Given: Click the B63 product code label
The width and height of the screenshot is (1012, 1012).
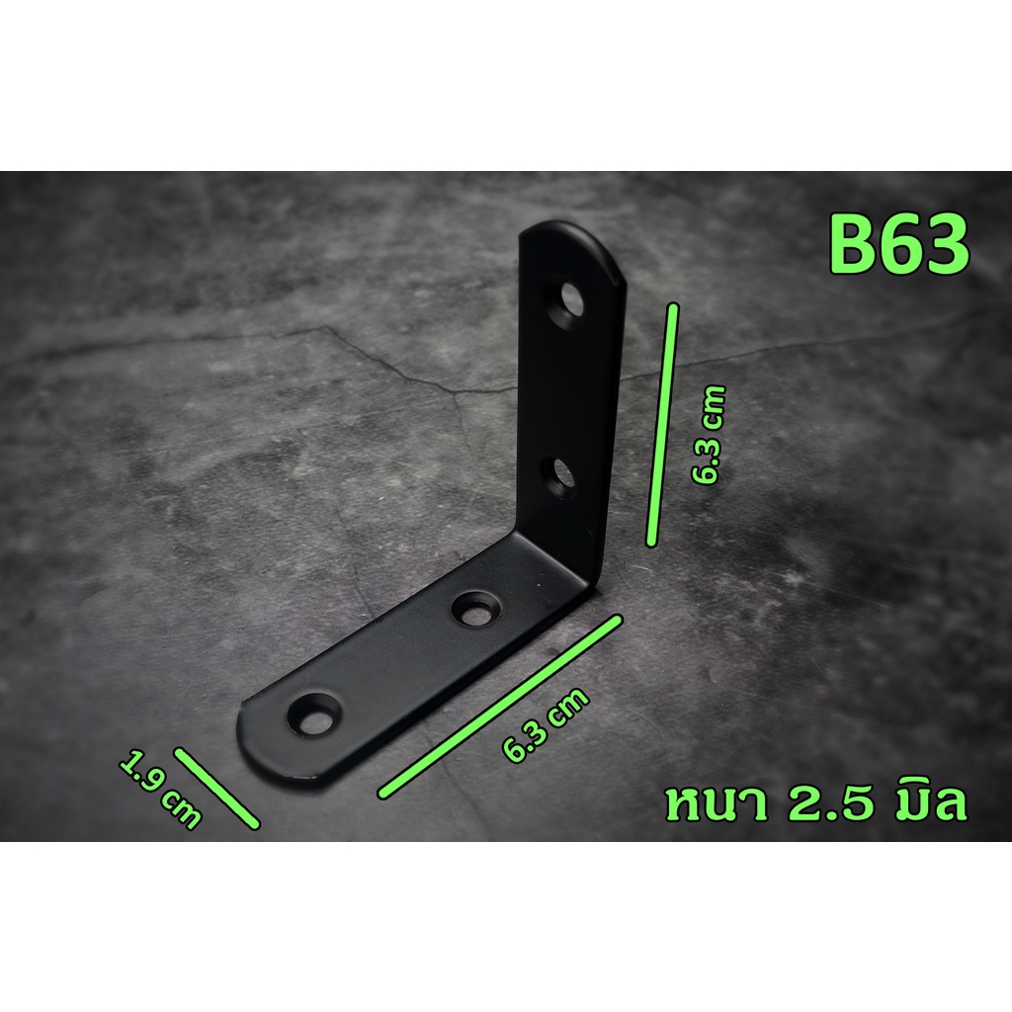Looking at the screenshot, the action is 899,246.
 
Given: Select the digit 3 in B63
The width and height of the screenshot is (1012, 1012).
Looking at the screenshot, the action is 948,246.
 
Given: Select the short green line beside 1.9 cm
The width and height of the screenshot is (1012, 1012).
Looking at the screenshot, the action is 216,788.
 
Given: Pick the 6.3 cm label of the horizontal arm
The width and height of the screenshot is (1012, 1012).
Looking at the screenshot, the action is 546,725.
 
